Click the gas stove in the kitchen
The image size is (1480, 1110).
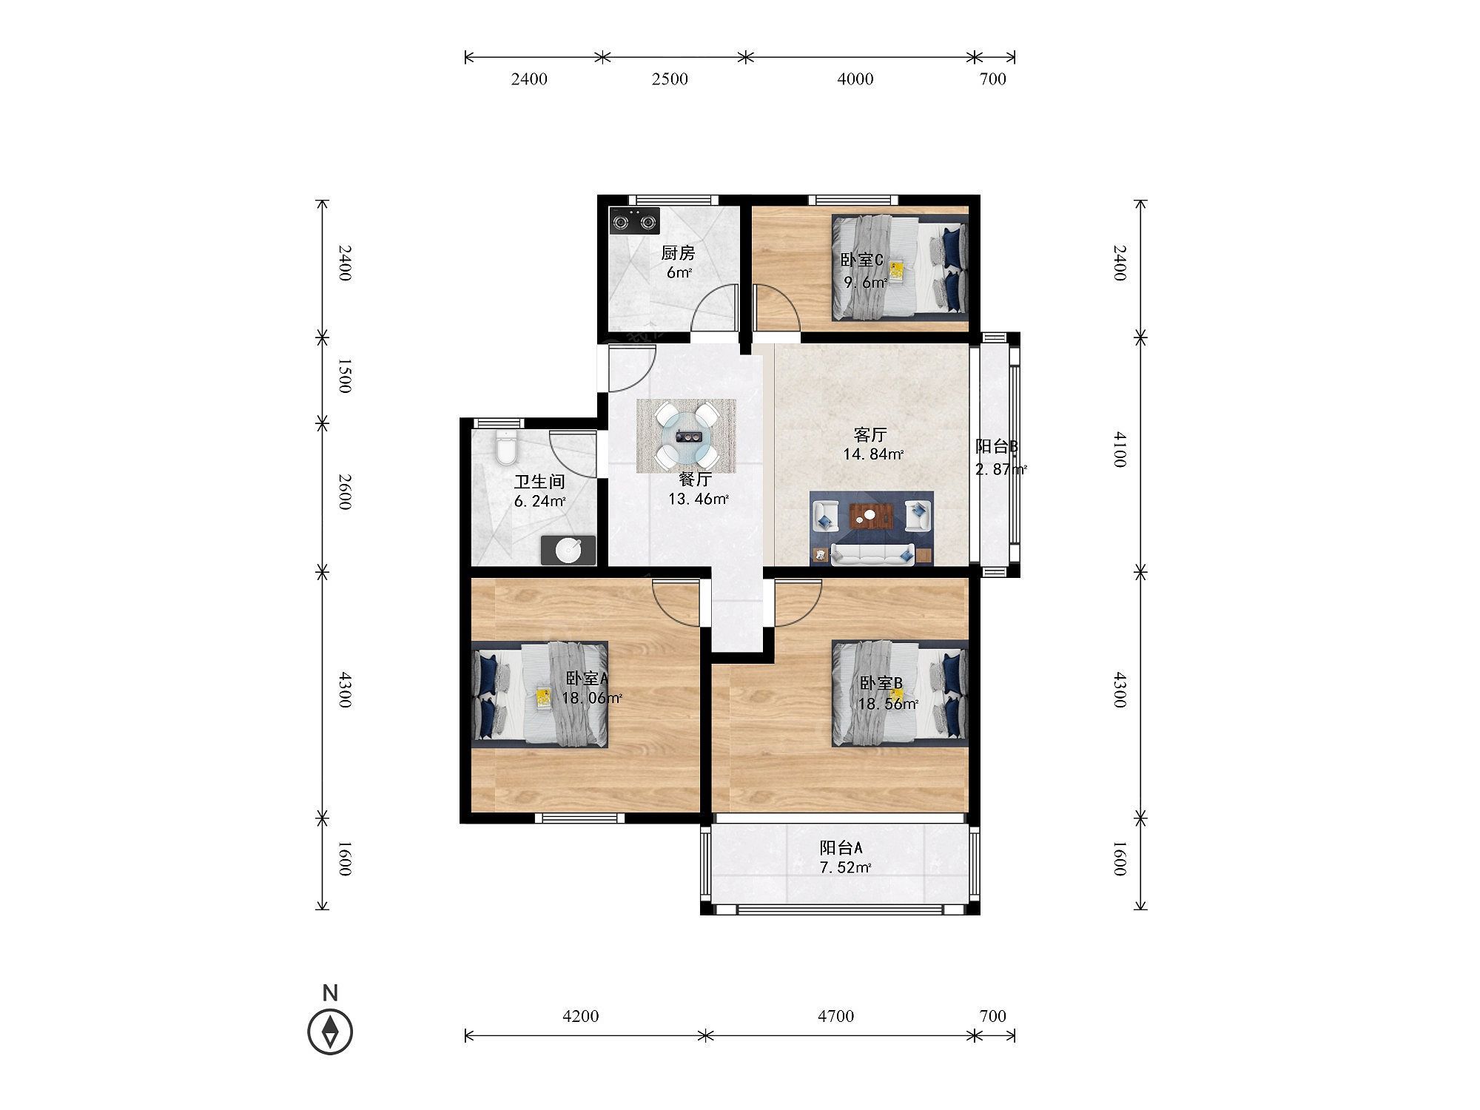tap(634, 221)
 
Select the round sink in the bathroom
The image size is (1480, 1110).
tap(568, 551)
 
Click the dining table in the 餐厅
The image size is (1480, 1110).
tap(687, 437)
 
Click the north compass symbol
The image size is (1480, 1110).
tap(330, 1031)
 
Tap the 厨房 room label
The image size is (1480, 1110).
tap(678, 253)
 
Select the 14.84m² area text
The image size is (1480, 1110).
tap(873, 454)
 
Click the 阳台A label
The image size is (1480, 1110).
tap(841, 848)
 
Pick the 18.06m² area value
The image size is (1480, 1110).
tap(591, 698)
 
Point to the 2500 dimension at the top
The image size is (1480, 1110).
tap(670, 79)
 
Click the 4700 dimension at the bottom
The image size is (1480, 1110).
tap(835, 1016)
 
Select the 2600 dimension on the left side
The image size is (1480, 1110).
tap(344, 491)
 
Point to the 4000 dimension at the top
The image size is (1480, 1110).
tap(855, 79)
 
